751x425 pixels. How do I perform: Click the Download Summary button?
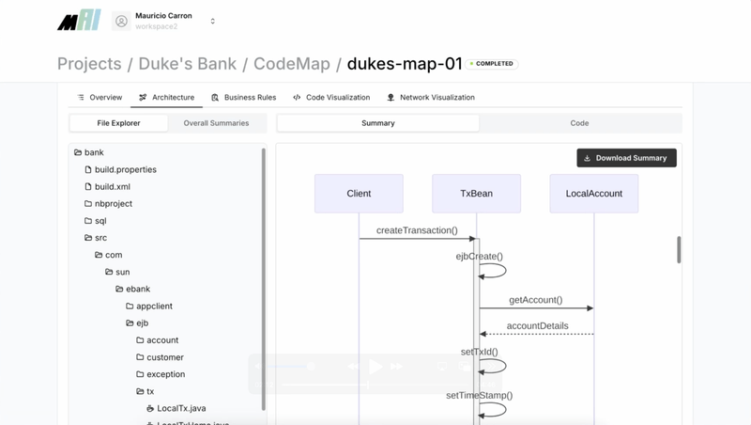coord(626,158)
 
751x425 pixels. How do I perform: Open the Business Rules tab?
coord(243,98)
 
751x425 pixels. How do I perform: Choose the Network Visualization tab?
coord(431,98)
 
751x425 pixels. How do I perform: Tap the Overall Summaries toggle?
coord(216,123)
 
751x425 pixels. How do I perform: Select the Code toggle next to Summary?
coord(579,123)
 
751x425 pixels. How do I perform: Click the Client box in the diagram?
coord(359,194)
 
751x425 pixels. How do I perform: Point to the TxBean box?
coord(476,194)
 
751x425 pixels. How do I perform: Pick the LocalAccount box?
coord(593,194)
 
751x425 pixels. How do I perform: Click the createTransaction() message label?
coord(417,230)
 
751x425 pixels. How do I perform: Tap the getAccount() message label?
coord(535,300)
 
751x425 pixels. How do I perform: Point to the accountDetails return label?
coord(537,326)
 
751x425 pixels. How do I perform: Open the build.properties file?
coord(125,170)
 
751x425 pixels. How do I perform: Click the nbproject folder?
coord(113,204)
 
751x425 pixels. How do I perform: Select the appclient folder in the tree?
coord(154,307)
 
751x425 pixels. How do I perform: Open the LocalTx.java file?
coord(180,409)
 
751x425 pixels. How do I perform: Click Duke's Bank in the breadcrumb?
coord(188,64)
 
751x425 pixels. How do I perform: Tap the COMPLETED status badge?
coord(493,64)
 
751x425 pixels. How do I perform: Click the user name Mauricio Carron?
coord(163,16)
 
